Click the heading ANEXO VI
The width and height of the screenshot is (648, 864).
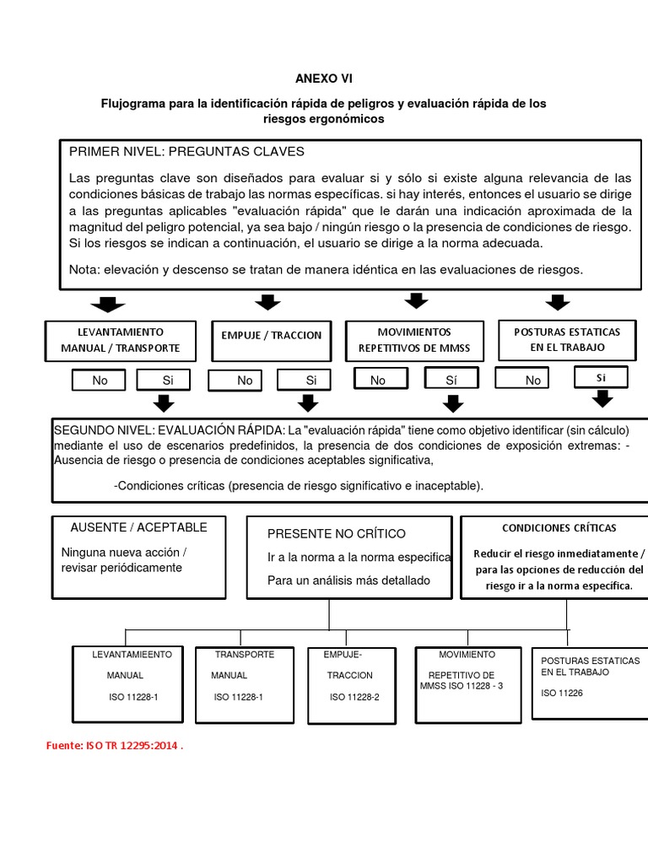click(x=324, y=78)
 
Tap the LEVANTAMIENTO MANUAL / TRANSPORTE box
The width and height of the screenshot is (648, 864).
click(x=120, y=340)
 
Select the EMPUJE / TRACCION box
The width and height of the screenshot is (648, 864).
click(x=271, y=335)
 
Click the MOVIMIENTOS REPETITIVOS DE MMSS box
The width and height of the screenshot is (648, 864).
click(x=414, y=340)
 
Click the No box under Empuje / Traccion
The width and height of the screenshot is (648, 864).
click(x=245, y=381)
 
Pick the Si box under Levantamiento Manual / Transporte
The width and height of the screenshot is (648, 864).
click(x=168, y=381)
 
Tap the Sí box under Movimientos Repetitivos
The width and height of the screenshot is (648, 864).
click(x=451, y=381)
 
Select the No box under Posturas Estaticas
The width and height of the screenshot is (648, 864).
click(x=532, y=381)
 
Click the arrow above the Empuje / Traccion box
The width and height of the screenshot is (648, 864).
click(x=267, y=303)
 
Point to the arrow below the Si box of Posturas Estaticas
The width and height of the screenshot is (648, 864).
click(x=601, y=400)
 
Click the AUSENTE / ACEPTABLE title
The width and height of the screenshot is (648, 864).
click(x=138, y=527)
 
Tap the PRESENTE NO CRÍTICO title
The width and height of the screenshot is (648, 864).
click(x=336, y=533)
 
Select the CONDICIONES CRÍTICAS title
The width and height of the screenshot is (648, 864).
click(x=559, y=528)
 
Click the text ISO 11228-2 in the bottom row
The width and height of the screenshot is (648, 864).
click(x=354, y=697)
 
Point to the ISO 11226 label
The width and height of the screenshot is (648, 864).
click(x=562, y=694)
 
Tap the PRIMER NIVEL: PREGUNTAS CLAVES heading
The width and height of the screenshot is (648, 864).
click(x=186, y=152)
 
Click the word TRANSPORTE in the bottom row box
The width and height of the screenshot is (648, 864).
click(x=244, y=655)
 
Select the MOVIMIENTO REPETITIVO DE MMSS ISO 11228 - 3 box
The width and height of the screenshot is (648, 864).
click(x=466, y=683)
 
